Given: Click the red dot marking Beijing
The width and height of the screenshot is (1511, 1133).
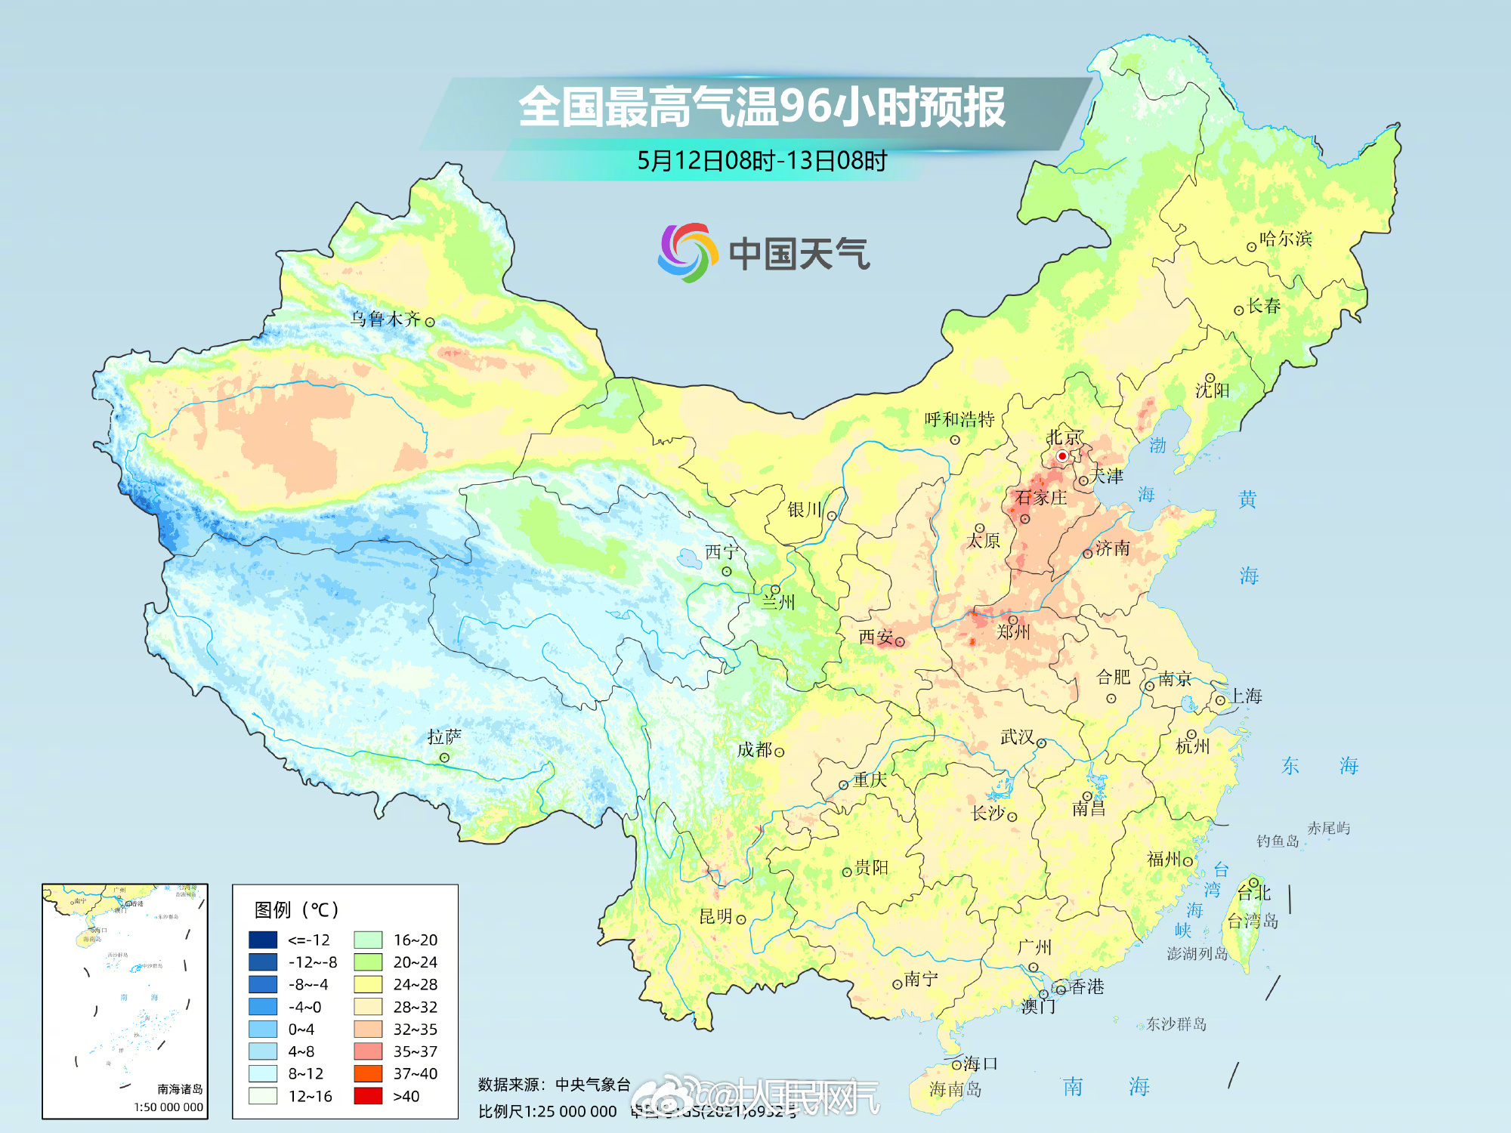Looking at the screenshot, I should pos(1061,456).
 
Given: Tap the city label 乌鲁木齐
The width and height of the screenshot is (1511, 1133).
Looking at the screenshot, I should pos(385,319).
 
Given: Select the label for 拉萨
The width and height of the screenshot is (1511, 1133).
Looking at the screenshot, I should pos(444,736).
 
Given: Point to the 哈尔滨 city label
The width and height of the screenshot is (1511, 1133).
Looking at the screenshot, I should pos(1286,239).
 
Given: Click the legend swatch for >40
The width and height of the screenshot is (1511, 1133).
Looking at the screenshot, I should pos(368,1096).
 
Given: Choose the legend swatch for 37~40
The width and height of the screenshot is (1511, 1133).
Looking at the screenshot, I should pos(368,1073).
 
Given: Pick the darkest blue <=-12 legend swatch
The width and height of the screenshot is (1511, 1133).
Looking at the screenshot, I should pos(263,940).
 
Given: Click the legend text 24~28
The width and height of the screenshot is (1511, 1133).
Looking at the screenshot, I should pos(415,984).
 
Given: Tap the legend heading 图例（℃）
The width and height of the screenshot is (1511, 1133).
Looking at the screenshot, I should pos(296,909).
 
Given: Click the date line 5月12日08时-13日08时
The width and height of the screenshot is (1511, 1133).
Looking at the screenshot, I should pos(762,161).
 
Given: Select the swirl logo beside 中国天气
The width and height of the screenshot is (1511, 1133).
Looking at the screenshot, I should pos(687,252).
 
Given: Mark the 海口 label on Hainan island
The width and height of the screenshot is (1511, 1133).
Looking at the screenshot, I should pos(981,1064).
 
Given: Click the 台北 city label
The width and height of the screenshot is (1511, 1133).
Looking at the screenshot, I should pos(1254,893).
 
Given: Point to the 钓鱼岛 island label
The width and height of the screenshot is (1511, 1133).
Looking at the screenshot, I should pos(1277,841).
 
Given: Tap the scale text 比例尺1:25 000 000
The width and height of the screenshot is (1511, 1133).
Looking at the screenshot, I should pos(547,1112).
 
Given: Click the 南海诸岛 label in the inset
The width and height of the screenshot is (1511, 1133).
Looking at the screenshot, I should pos(180,1089).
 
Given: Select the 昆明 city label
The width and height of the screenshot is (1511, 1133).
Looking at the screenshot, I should pos(715,916).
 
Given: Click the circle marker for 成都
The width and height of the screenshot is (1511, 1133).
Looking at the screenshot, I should pos(779,752).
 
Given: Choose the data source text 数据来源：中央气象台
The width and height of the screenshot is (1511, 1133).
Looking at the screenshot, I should pos(554,1085).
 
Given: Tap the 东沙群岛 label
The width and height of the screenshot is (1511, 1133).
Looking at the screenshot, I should pos(1176,1024).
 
